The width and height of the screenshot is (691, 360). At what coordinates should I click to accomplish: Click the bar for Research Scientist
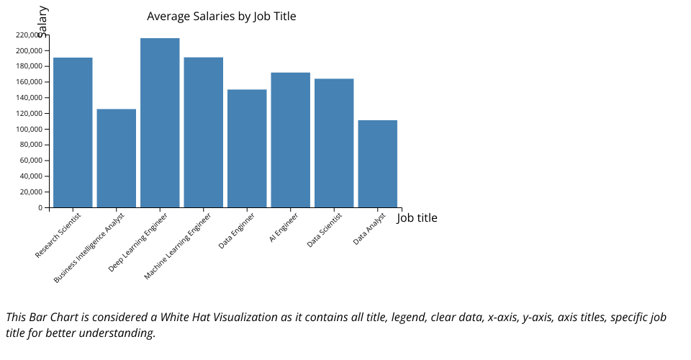coord(73,132)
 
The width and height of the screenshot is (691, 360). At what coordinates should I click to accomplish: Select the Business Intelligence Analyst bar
coord(117,158)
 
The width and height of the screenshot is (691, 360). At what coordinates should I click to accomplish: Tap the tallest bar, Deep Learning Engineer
coord(160,122)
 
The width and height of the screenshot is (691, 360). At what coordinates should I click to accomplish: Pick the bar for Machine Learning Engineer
coord(204,132)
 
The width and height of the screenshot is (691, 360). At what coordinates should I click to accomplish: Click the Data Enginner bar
coord(247,148)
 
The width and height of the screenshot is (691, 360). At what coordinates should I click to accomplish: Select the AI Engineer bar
coord(291,140)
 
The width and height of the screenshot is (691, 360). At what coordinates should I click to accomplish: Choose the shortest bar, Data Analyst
coord(378,163)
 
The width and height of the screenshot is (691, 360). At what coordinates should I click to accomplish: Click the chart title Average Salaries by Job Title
coord(221,17)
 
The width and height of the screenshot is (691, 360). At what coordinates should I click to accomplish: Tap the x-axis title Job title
coord(417,217)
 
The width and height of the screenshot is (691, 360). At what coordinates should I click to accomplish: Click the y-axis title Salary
coord(42,20)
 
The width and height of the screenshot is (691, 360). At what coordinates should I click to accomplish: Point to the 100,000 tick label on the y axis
coord(28,129)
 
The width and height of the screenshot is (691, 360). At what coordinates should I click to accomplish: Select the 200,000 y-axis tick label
coord(28,50)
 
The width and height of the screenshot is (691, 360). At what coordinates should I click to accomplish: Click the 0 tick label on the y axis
coord(40,208)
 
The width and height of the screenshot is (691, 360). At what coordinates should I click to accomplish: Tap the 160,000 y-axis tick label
coord(28,82)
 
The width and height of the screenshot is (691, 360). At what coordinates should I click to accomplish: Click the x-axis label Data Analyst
coord(370,228)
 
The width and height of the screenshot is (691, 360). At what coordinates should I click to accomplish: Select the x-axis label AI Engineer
coord(284,227)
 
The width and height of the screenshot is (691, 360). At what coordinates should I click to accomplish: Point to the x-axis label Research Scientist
coord(58,235)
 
